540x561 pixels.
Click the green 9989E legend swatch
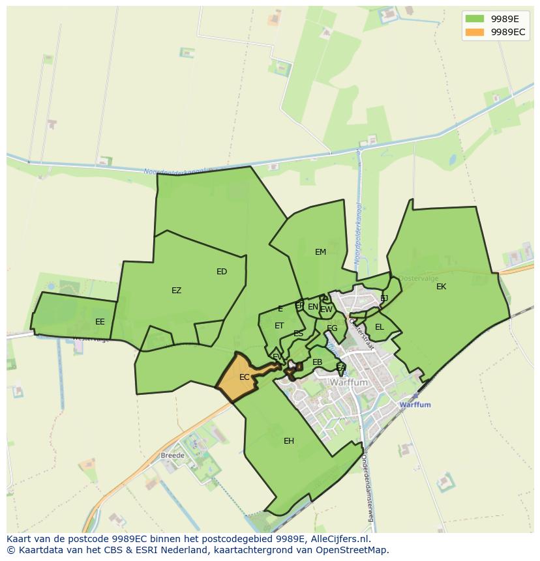(475, 18)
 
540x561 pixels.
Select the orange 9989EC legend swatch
(475, 31)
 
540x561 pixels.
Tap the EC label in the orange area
(244, 377)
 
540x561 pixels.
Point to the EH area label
(289, 441)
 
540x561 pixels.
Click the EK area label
(442, 287)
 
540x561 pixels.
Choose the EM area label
(320, 252)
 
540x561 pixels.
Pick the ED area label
(222, 272)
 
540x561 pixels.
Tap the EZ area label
(176, 291)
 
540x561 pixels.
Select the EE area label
(100, 322)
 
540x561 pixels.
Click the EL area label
(379, 327)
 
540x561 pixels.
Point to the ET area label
(279, 326)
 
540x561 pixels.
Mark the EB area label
(318, 362)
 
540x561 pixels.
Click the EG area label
(332, 328)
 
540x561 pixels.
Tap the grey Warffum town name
(350, 383)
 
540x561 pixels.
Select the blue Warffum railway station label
(415, 405)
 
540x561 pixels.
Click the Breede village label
(173, 455)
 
